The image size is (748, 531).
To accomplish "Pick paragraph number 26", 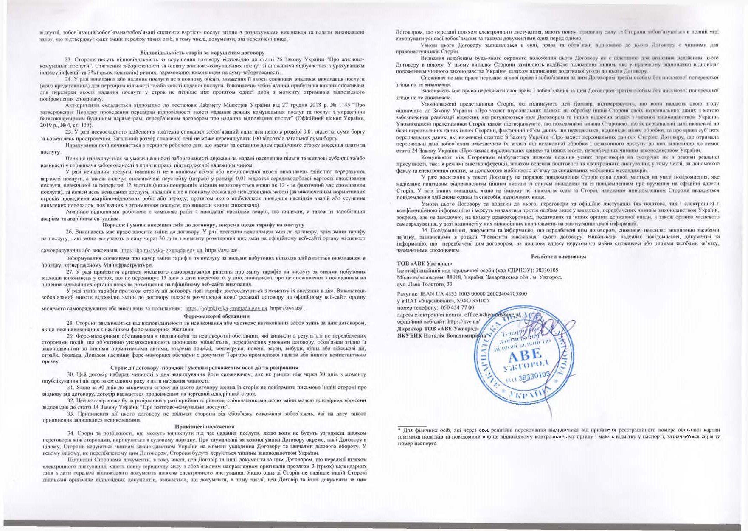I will (69, 232).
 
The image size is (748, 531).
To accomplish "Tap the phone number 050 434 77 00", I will (458, 307).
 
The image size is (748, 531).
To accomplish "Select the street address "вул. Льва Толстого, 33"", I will (424, 284).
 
